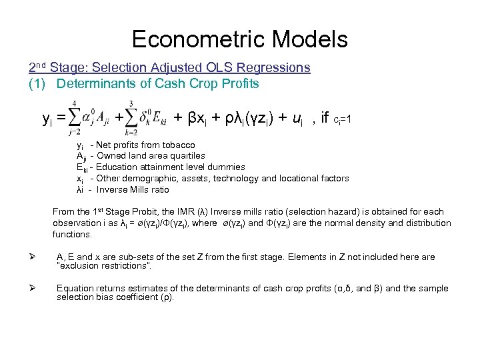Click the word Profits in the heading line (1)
(x=239, y=83)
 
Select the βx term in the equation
(x=197, y=119)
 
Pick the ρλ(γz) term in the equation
(x=241, y=119)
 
